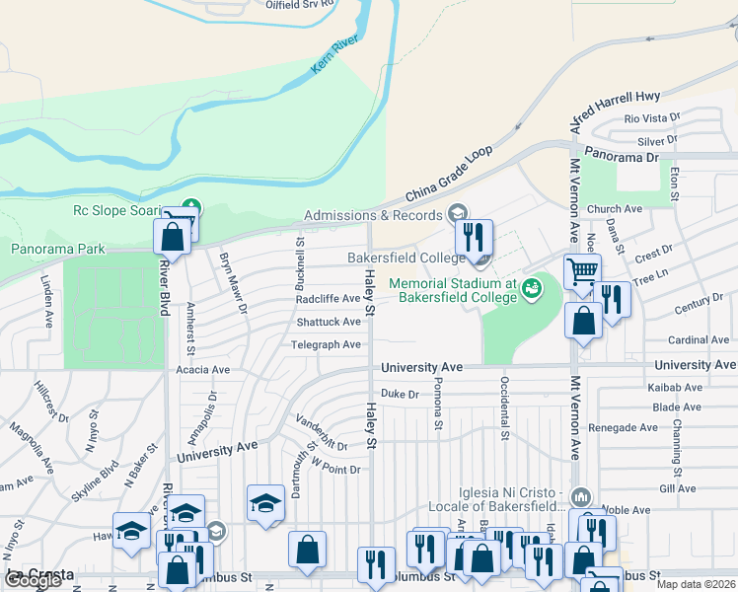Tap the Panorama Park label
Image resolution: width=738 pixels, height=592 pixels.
[x=57, y=250]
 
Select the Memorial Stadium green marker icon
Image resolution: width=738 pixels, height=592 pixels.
[x=532, y=288]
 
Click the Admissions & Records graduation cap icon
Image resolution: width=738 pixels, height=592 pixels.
[x=457, y=213]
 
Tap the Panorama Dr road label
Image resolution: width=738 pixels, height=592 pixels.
[x=621, y=157]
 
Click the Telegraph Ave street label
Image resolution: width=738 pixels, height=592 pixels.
[x=326, y=344]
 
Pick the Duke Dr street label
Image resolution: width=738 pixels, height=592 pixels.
[x=400, y=394]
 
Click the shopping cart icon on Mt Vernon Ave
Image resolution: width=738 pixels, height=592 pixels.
[x=582, y=269]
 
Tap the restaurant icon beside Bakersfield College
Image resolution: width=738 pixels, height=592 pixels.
[x=474, y=236]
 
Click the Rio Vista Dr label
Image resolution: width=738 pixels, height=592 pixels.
[x=652, y=117]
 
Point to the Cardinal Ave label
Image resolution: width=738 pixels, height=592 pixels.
[x=698, y=340]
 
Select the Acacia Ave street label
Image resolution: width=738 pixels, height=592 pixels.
[x=201, y=370]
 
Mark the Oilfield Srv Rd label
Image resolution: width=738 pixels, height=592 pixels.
[x=302, y=4]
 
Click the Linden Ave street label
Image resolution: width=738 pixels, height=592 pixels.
[x=45, y=302]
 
